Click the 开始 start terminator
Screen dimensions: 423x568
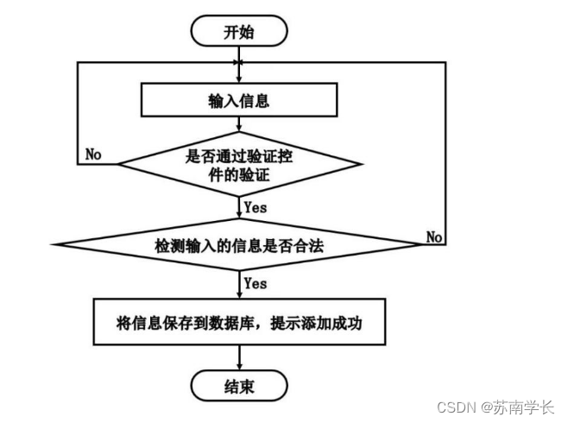(239, 32)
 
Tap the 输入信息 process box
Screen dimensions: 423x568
(239, 101)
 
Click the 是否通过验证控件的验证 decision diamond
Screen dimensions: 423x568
(239, 164)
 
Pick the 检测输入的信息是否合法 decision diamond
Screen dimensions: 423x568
(239, 244)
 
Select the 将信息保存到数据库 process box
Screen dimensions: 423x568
(239, 323)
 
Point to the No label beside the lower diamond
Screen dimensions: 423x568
(434, 237)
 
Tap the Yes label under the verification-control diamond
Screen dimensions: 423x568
(256, 207)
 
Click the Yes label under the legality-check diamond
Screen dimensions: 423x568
(256, 283)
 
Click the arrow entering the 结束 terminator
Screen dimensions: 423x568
(239, 358)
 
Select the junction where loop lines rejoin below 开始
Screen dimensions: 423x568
(239, 62)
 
